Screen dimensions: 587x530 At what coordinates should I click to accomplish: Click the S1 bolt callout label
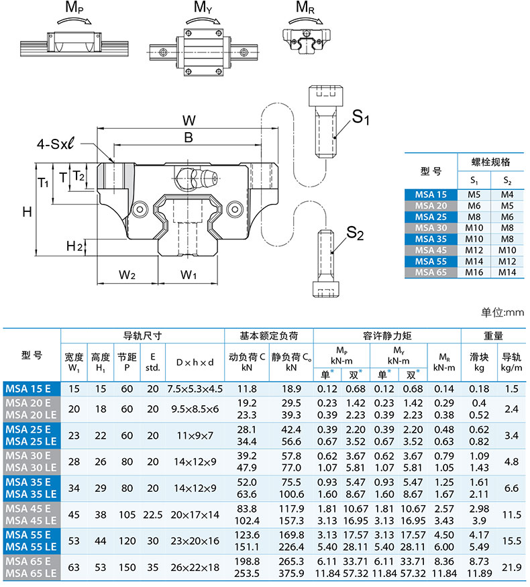click(x=362, y=118)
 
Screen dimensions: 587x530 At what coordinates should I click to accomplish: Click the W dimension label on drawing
click(x=189, y=121)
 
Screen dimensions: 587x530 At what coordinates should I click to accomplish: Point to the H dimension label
click(x=27, y=211)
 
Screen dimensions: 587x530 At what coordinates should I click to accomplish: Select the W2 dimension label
click(x=127, y=274)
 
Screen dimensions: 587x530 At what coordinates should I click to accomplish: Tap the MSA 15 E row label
click(x=32, y=388)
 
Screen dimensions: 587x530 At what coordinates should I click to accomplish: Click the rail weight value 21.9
click(x=513, y=568)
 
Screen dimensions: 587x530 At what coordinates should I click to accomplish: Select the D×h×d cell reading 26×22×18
click(x=195, y=568)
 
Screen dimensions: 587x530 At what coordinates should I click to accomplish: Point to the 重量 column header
click(x=493, y=335)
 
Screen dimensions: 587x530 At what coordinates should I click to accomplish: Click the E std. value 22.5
click(x=153, y=515)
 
